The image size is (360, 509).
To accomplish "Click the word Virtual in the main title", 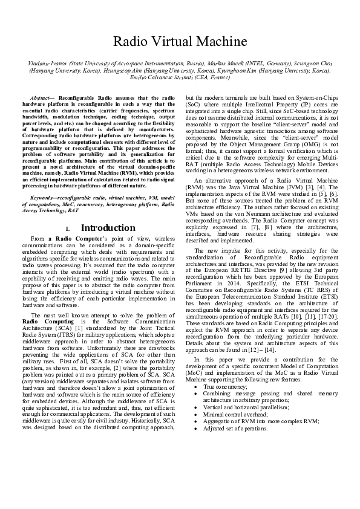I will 180,42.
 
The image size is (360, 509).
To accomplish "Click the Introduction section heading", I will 108,228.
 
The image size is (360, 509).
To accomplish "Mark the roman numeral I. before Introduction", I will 68,229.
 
